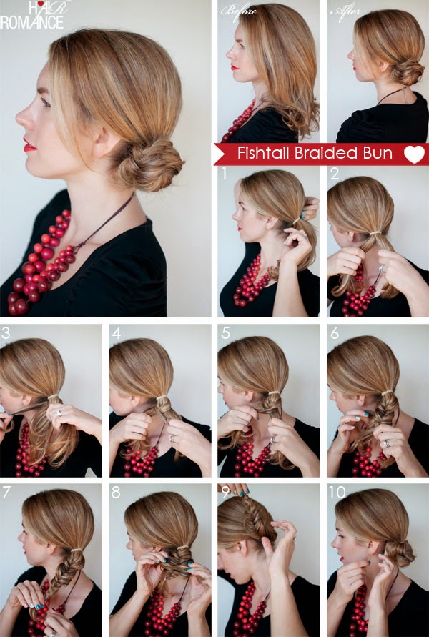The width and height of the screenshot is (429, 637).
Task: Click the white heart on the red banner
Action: pyautogui.click(x=414, y=154)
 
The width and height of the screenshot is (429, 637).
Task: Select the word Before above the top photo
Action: pyautogui.click(x=239, y=10)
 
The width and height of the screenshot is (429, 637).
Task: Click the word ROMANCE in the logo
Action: pyautogui.click(x=31, y=22)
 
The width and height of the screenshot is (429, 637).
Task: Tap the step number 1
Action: pyautogui.click(x=224, y=174)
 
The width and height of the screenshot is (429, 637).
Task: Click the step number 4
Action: pyautogui.click(x=117, y=333)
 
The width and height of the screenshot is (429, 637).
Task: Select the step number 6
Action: pyautogui.click(x=335, y=333)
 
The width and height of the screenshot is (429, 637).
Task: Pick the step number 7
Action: pyautogui.click(x=6, y=492)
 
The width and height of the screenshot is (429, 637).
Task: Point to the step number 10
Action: pyautogui.click(x=337, y=492)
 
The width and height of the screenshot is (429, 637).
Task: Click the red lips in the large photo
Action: pyautogui.click(x=29, y=145)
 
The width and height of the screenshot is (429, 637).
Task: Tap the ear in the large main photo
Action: pyautogui.click(x=103, y=139)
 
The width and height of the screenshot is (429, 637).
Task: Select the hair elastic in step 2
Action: pyautogui.click(x=375, y=233)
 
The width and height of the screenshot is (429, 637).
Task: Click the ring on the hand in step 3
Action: pyautogui.click(x=59, y=413)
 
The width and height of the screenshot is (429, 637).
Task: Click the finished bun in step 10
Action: pyautogui.click(x=398, y=552)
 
